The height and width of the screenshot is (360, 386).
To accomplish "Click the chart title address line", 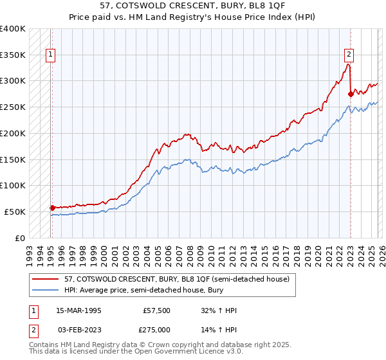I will [192, 6].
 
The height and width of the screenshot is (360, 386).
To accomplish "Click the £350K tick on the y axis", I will [13, 55].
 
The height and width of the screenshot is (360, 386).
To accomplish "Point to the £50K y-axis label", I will [15, 212].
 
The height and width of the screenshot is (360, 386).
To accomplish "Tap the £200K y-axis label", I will [13, 133].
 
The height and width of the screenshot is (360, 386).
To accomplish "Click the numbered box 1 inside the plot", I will [51, 55].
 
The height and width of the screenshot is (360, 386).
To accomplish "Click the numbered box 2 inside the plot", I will [349, 55].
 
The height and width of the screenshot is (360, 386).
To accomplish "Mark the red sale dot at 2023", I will [350, 94].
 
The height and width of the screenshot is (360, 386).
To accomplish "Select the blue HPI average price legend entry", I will [161, 290].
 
